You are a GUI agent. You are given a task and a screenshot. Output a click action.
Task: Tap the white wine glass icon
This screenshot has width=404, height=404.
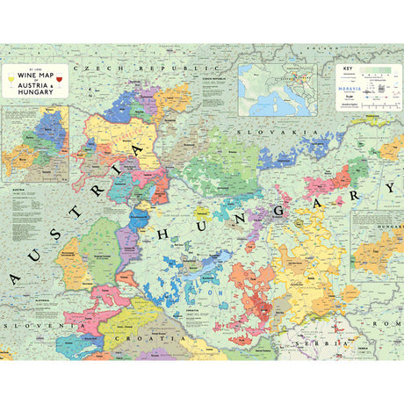click(11, 83)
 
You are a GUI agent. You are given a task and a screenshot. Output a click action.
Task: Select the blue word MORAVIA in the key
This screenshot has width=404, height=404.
click(352, 90)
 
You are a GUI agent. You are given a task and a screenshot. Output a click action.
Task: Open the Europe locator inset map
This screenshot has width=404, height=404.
click(285, 89)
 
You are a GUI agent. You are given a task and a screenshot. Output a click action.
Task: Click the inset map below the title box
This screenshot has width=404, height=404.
click(35, 144)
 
